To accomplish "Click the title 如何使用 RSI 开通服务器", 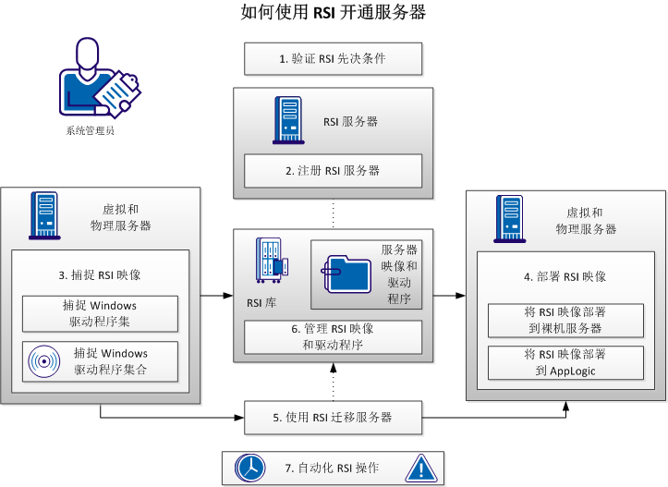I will click(x=334, y=13).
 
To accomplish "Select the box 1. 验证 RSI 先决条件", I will click(x=333, y=59).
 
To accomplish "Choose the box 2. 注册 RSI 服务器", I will click(x=333, y=171).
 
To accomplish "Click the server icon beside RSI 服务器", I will click(x=287, y=119).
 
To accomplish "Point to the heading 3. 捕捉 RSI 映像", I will click(x=99, y=274).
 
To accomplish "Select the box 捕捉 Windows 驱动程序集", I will click(x=100, y=313).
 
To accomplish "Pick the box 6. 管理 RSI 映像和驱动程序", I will click(x=333, y=337).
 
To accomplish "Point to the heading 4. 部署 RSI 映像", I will click(x=566, y=275).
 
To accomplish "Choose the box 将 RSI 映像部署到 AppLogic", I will click(x=565, y=362).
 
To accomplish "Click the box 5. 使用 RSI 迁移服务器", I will click(x=333, y=418).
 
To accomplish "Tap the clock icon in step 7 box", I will click(x=249, y=469).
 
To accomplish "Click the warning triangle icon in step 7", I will click(x=420, y=468).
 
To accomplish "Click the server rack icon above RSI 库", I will click(x=271, y=262).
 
